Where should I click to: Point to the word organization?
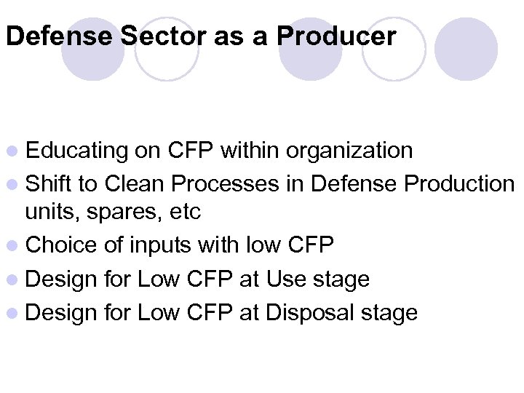[x=349, y=151]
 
